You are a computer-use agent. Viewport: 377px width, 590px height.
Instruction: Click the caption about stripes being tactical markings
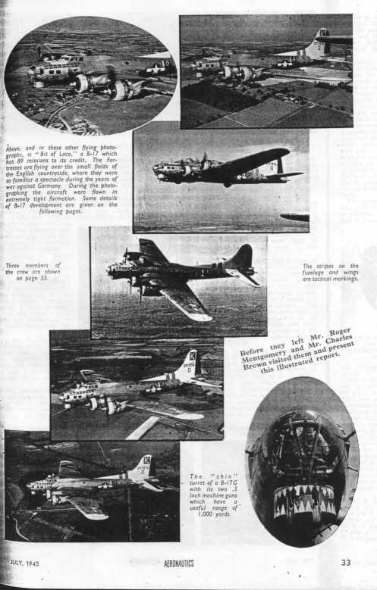click(330, 272)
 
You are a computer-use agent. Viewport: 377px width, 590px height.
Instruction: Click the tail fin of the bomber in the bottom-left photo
click(143, 466)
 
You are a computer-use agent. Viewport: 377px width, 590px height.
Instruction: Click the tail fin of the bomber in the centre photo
click(243, 259)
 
